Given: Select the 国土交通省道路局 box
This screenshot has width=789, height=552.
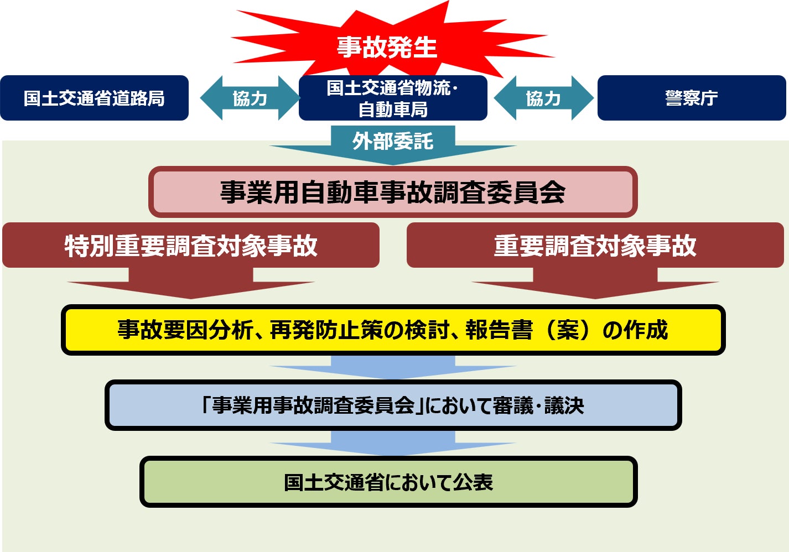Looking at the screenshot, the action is click(x=95, y=98).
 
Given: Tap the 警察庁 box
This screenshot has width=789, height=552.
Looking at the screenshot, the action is click(x=692, y=98).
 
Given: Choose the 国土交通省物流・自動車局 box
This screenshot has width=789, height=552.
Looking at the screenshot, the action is click(x=393, y=98).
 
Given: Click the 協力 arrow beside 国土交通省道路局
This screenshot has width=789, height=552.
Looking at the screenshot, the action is click(x=250, y=98).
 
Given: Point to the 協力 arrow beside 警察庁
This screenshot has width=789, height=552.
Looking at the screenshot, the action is click(x=543, y=98).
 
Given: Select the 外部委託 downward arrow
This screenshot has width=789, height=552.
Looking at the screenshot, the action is click(x=393, y=145).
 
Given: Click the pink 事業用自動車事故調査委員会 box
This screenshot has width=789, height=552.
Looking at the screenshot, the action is click(x=393, y=192).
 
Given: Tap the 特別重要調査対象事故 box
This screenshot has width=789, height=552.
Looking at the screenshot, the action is click(x=191, y=245).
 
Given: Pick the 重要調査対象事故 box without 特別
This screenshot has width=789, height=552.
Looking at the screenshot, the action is click(x=595, y=245).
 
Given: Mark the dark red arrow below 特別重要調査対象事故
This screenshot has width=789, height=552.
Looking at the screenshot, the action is click(x=191, y=283).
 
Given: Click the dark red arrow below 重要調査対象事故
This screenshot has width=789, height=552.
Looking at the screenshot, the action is click(x=595, y=283).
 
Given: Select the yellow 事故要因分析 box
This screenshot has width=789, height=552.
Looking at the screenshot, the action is click(x=393, y=330).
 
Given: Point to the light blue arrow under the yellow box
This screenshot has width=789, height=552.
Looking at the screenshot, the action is click(x=393, y=367).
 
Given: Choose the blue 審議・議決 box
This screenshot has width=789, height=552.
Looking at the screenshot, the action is click(x=393, y=405).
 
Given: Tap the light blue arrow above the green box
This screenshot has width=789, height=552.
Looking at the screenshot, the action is click(x=393, y=444).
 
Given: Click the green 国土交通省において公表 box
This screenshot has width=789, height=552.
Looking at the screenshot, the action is click(x=389, y=482).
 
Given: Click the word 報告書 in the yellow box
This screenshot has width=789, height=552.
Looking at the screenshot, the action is click(x=499, y=330).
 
